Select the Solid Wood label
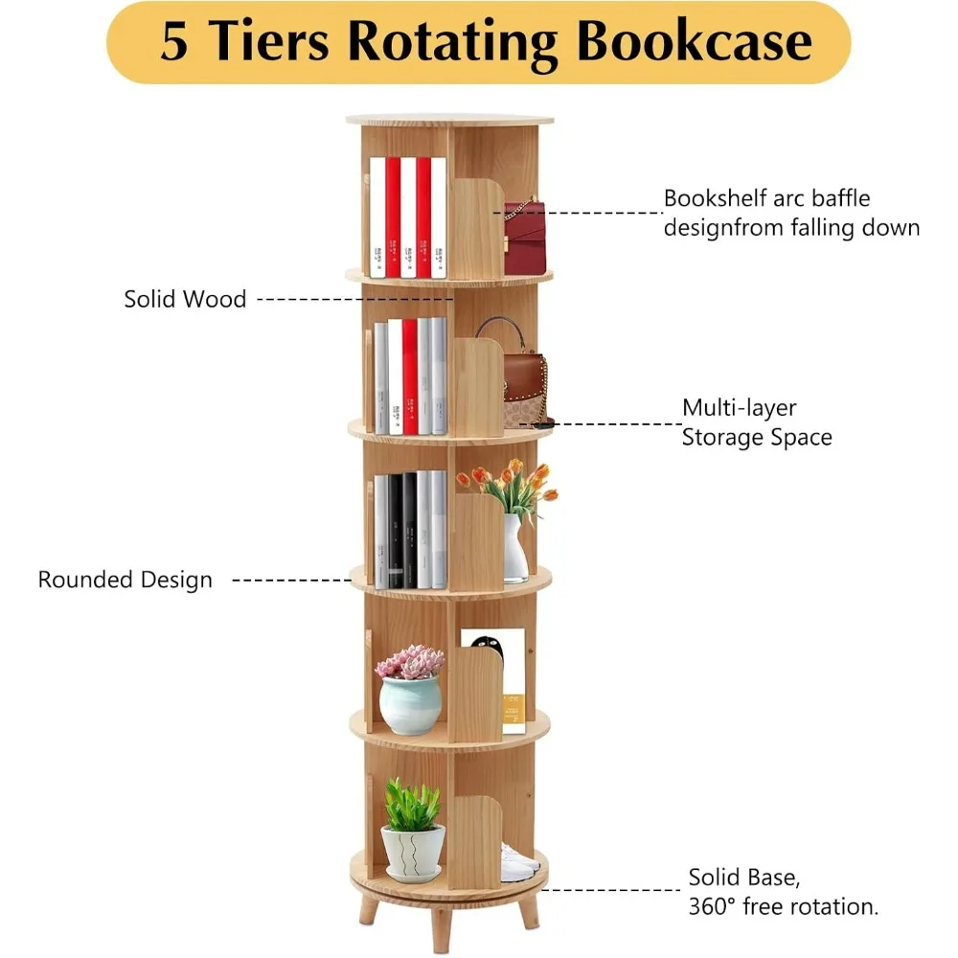[x=185, y=299]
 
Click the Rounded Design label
[x=125, y=580]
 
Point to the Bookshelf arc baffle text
[x=766, y=198]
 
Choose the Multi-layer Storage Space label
[x=756, y=422]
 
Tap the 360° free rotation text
[x=783, y=906]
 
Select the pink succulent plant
[x=409, y=662]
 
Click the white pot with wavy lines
[x=413, y=852]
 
